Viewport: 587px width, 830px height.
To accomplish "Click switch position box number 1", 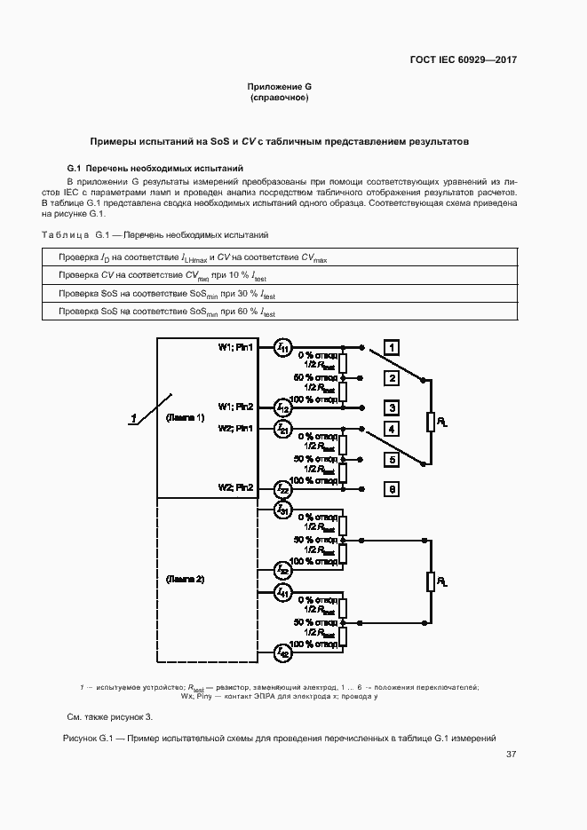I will (392, 347).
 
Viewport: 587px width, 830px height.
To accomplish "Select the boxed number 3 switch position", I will (392, 407).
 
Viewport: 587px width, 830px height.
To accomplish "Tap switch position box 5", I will (392, 460).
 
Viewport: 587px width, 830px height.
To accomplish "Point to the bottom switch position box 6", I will (392, 488).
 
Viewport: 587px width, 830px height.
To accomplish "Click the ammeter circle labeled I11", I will (282, 347).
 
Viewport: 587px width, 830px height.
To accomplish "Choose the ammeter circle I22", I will (282, 488).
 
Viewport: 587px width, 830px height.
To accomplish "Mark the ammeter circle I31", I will (282, 510).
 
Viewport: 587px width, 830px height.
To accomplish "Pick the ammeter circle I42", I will (282, 654).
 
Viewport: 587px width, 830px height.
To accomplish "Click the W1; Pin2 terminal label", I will (235, 407).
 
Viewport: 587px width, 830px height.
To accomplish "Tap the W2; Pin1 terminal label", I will (235, 428).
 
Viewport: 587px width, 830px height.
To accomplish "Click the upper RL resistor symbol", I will (431, 422).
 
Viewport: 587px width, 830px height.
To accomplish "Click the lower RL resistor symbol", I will (431, 581).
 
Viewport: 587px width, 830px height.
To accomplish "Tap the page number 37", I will (511, 755).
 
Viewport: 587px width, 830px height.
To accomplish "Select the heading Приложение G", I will (280, 86).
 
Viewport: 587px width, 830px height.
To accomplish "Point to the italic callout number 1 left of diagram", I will (132, 417).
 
